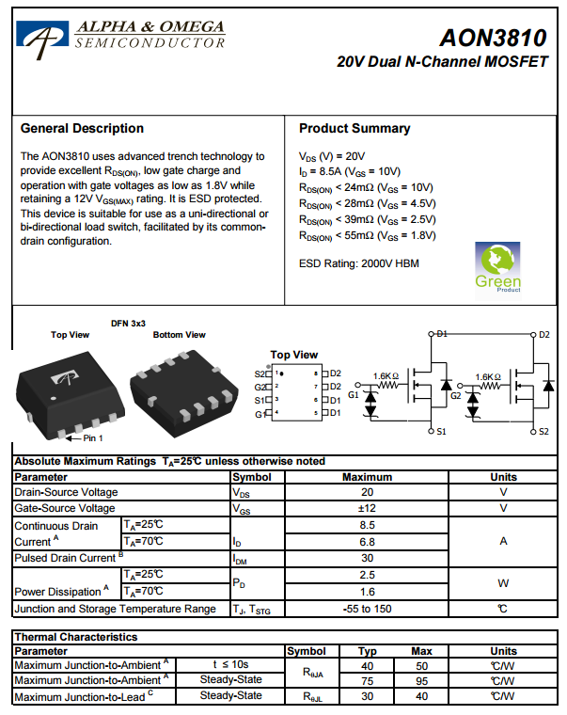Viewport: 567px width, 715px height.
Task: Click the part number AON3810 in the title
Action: click(492, 39)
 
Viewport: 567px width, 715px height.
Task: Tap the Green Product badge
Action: click(497, 268)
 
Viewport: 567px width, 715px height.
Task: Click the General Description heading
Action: click(82, 128)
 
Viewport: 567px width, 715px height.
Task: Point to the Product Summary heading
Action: click(354, 128)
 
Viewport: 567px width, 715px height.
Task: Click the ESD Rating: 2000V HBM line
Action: click(358, 263)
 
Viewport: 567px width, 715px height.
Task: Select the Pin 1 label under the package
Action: click(93, 438)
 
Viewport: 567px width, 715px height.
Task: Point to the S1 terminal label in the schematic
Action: click(444, 432)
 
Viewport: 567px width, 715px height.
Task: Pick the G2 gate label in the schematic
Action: click(455, 396)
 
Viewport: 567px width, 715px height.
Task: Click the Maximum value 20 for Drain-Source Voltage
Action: click(368, 492)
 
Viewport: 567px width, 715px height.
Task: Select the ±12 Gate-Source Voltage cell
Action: click(368, 508)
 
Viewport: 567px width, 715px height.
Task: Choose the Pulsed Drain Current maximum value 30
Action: click(368, 558)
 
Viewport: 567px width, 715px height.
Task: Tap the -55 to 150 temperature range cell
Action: click(368, 609)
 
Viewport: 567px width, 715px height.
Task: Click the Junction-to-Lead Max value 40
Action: click(422, 696)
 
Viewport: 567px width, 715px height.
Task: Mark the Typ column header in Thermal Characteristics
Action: click(368, 651)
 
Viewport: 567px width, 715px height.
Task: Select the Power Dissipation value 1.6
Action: click(368, 592)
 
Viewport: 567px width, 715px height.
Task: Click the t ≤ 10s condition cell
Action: click(230, 665)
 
